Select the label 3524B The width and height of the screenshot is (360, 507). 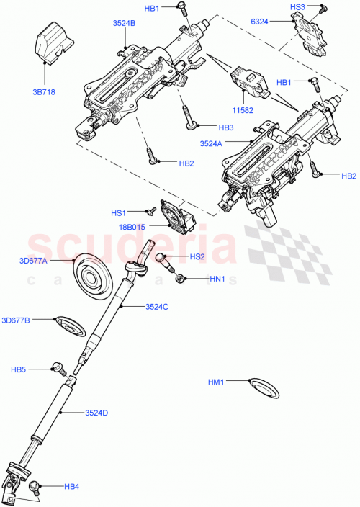124,23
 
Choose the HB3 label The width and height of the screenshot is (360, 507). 206,127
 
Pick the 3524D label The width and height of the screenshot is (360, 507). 96,413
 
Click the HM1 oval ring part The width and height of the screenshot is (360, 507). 261,387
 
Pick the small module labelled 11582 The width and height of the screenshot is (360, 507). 248,81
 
